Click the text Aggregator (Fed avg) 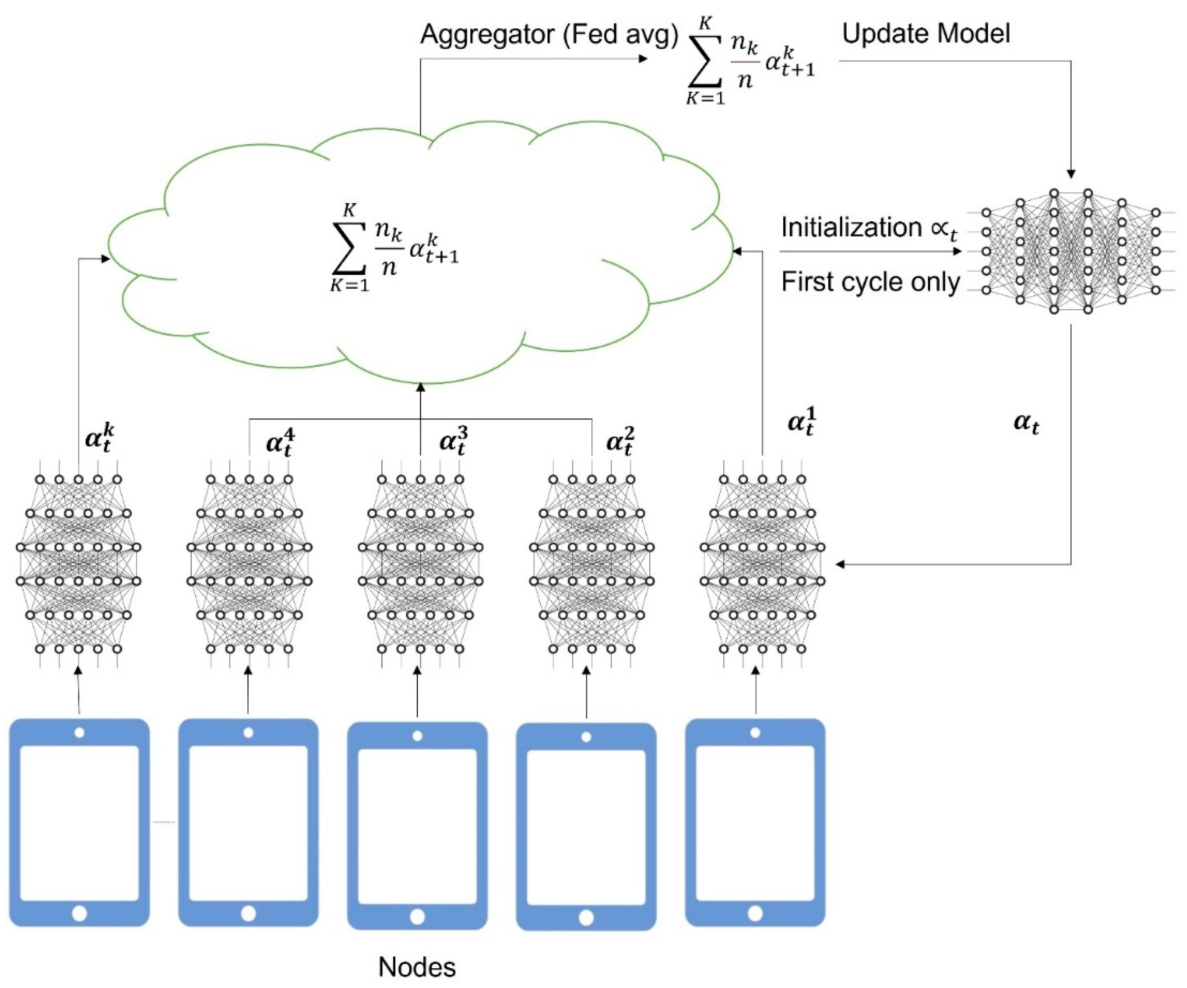pyautogui.click(x=549, y=35)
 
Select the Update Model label pyautogui.click(x=926, y=33)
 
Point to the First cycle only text pyautogui.click(x=870, y=281)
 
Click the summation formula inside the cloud pyautogui.click(x=394, y=249)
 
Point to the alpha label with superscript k pyautogui.click(x=100, y=438)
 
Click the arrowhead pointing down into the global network pyautogui.click(x=1071, y=174)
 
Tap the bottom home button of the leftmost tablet pyautogui.click(x=79, y=913)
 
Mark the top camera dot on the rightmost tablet pyautogui.click(x=755, y=733)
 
